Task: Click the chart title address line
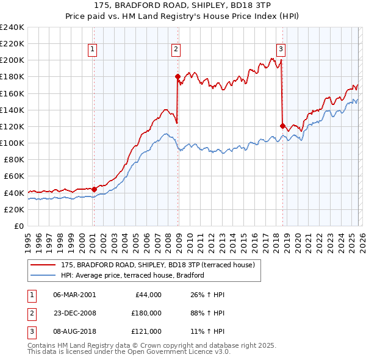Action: (x=182, y=5)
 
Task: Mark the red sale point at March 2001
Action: (x=94, y=189)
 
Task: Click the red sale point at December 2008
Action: (x=178, y=77)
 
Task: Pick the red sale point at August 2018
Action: (x=282, y=126)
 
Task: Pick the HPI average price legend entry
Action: (x=132, y=275)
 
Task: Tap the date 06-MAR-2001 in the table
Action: (x=74, y=295)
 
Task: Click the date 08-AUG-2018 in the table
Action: (x=74, y=333)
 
